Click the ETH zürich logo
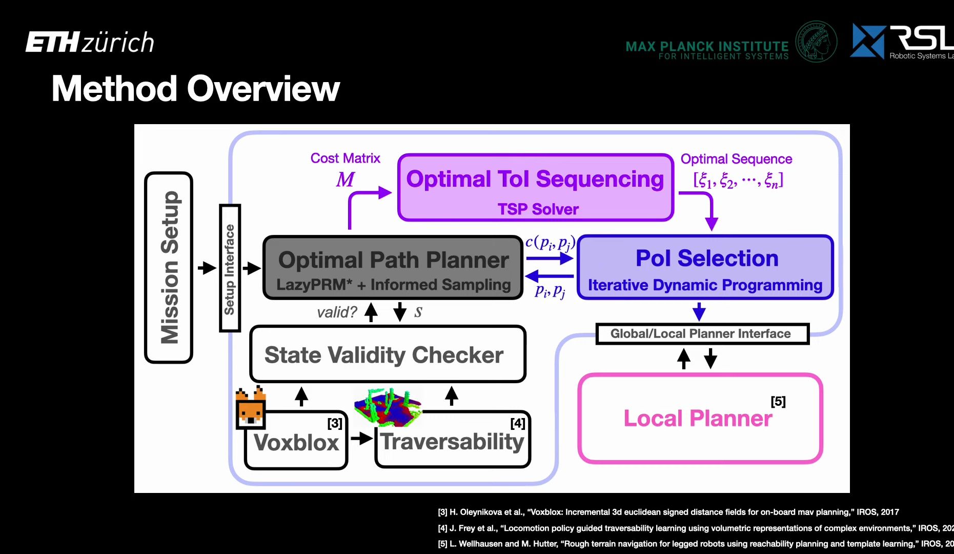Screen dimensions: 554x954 [x=90, y=42]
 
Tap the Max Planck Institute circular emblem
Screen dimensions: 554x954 [x=816, y=42]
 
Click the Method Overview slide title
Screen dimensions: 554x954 [x=195, y=89]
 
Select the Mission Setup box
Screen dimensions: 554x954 [x=169, y=267]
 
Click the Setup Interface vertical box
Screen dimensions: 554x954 [x=230, y=268]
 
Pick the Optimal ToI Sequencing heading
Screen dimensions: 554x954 [x=535, y=180]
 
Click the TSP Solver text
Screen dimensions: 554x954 [x=538, y=209]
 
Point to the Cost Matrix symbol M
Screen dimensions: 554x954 [x=345, y=180]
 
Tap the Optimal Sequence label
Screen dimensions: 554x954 [x=736, y=159]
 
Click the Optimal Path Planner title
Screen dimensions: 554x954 [x=393, y=260]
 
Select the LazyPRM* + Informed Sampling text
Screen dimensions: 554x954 [x=393, y=285]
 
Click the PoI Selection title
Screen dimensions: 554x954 [x=706, y=258]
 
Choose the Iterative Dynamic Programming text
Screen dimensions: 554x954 [x=705, y=285]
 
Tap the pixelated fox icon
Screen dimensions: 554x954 [x=251, y=408]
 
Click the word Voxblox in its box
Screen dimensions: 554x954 [x=296, y=442]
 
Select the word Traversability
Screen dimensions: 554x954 [x=453, y=441]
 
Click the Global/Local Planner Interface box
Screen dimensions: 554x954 [x=700, y=334]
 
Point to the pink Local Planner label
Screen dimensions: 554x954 [x=698, y=419]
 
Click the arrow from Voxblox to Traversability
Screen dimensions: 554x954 [x=361, y=438]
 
